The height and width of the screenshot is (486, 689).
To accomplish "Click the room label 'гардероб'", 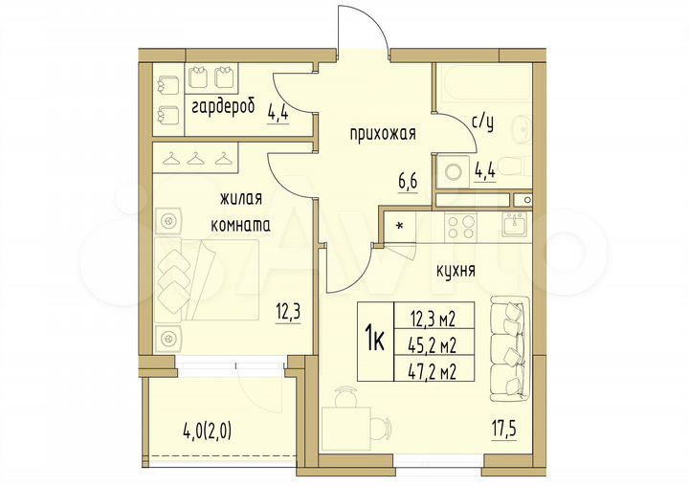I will click(222, 106).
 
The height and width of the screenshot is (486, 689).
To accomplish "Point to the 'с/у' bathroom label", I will click(484, 121).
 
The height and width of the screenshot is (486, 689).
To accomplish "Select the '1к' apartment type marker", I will click(374, 340).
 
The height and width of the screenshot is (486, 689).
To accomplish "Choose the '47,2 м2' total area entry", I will click(432, 365).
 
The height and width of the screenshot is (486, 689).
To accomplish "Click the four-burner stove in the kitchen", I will click(459, 227).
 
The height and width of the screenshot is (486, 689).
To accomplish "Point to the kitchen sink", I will click(516, 226).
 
